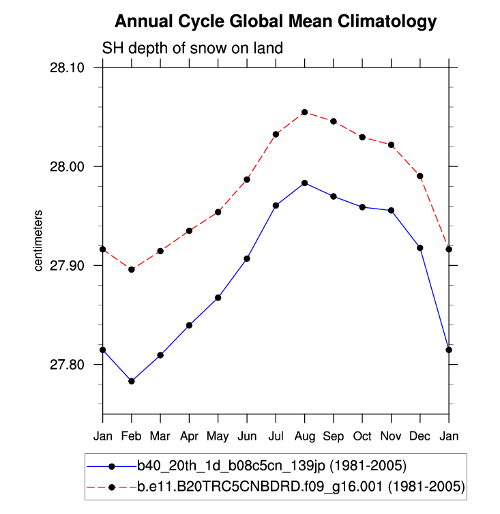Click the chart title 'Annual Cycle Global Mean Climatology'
[275, 22]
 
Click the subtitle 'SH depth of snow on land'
[192, 49]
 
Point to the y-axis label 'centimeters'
[39, 241]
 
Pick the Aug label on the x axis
[304, 435]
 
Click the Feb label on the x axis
[132, 435]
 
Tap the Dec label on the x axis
[420, 435]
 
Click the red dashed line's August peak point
[305, 112]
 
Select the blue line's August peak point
[305, 183]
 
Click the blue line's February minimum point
[132, 381]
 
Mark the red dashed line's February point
[132, 269]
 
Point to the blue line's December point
[420, 247]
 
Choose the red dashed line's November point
[391, 145]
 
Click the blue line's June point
[247, 258]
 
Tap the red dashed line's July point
[276, 134]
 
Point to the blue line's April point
[189, 325]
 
